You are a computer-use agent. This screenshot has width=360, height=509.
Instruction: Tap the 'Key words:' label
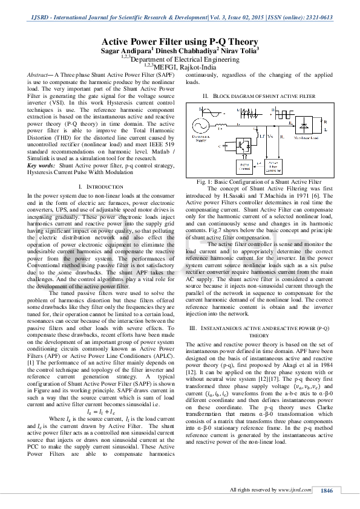tap(42, 165)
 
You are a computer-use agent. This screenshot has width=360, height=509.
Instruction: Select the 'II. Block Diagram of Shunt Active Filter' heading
tap(259, 96)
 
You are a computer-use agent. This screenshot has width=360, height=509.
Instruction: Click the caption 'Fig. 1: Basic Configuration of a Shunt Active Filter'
tap(259, 182)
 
